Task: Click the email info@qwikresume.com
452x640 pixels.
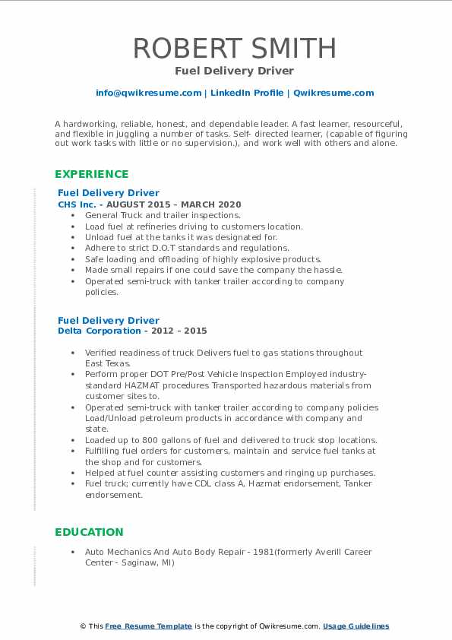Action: click(148, 93)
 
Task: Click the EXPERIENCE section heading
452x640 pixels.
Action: click(92, 174)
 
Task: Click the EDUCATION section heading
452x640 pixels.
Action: click(89, 532)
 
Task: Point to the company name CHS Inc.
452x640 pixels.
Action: click(77, 204)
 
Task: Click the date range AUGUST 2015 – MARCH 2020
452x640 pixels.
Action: click(175, 204)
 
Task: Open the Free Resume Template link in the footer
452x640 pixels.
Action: click(148, 626)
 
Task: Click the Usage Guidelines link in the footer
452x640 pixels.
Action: click(356, 626)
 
